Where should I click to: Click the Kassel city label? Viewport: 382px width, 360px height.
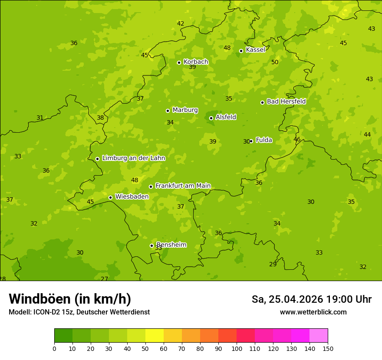point(255,50)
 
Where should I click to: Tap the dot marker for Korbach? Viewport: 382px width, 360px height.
point(179,62)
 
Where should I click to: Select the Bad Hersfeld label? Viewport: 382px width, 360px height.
point(286,101)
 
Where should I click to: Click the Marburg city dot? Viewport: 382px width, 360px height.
point(168,111)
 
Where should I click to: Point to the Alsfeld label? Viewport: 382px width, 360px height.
point(226,117)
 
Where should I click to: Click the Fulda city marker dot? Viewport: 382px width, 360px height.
point(251,141)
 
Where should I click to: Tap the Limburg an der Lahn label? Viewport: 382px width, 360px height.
point(133,158)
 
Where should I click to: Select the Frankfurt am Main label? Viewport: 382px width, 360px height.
point(183,186)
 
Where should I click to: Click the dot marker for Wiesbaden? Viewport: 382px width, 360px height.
point(110,197)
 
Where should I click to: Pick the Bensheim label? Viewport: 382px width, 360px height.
point(171,245)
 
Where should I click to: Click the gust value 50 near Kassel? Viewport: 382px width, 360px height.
point(275,62)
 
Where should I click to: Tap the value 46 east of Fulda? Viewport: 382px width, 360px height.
point(297,139)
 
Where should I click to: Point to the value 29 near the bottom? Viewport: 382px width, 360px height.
point(273,264)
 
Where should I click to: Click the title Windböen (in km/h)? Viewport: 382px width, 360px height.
point(70,299)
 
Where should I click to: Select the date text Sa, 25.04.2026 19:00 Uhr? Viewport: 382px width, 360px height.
point(311,299)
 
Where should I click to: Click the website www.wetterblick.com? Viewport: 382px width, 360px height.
point(313,312)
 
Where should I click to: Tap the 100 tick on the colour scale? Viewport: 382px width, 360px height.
point(237,348)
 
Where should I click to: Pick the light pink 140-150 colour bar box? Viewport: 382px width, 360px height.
point(319,336)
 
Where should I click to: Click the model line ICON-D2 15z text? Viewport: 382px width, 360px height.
point(79,312)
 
